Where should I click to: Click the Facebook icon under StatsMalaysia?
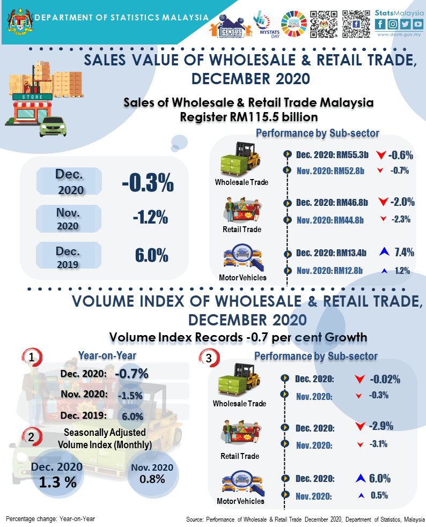pyautogui.click(x=380, y=24)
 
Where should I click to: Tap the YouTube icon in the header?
pyautogui.click(x=417, y=24)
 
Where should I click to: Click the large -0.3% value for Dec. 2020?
pyautogui.click(x=148, y=183)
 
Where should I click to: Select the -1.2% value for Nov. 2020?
pyautogui.click(x=151, y=218)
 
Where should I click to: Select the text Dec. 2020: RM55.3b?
pyautogui.click(x=332, y=155)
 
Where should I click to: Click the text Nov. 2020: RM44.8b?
pyautogui.click(x=330, y=220)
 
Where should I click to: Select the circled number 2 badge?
pyautogui.click(x=32, y=437)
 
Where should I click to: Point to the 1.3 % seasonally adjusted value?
pyautogui.click(x=57, y=481)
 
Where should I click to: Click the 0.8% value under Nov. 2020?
pyautogui.click(x=152, y=479)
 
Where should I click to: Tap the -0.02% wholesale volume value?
pyautogui.click(x=385, y=379)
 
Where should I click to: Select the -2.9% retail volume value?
pyautogui.click(x=382, y=426)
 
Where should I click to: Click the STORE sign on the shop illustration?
pyautogui.click(x=33, y=98)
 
